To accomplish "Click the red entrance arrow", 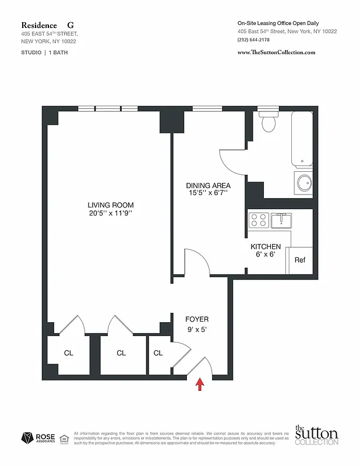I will tap(200, 384).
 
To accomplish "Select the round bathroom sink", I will tap(305, 183).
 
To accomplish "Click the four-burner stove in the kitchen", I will tap(259, 220).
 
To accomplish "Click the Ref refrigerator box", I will tap(299, 260).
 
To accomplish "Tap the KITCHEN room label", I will tap(266, 247).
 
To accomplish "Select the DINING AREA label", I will tap(209, 185).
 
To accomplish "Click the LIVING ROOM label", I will tap(111, 205).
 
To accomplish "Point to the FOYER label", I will tap(197, 319).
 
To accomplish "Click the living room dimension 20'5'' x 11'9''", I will tap(111, 214).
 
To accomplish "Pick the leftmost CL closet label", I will tap(68, 353).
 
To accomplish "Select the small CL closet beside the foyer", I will tap(158, 353).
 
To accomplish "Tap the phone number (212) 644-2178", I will tap(254, 40).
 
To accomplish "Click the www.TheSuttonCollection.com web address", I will tap(276, 52).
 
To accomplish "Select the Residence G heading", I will tap(48, 25).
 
